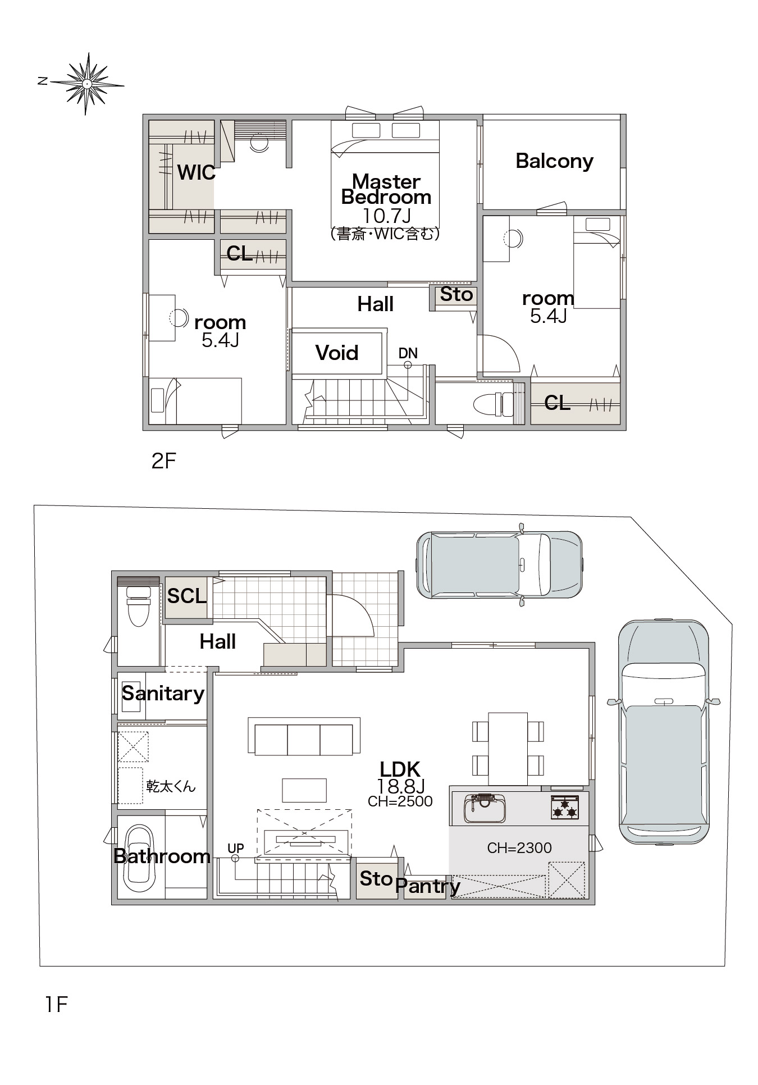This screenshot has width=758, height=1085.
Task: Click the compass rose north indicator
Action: tap(42, 81)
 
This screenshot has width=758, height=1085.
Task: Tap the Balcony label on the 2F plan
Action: tap(554, 161)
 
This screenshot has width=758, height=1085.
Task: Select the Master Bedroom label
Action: tap(386, 189)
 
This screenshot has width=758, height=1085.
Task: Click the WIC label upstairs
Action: tap(196, 172)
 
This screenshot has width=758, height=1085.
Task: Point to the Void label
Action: tap(337, 353)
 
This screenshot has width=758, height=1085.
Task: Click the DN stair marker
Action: tap(408, 353)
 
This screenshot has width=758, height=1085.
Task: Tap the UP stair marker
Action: tap(236, 848)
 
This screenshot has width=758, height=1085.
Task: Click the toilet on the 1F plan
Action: tap(138, 607)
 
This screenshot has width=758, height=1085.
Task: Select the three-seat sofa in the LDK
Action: tap(304, 736)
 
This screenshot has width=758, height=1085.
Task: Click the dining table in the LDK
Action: tap(508, 748)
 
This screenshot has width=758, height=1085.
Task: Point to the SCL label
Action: tap(187, 596)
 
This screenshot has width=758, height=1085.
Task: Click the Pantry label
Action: tap(428, 886)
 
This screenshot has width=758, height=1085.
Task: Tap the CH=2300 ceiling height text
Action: tap(519, 847)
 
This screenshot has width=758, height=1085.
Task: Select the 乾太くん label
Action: tap(171, 786)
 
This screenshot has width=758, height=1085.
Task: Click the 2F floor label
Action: tap(164, 461)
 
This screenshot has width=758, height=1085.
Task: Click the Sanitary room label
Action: tap(163, 694)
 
